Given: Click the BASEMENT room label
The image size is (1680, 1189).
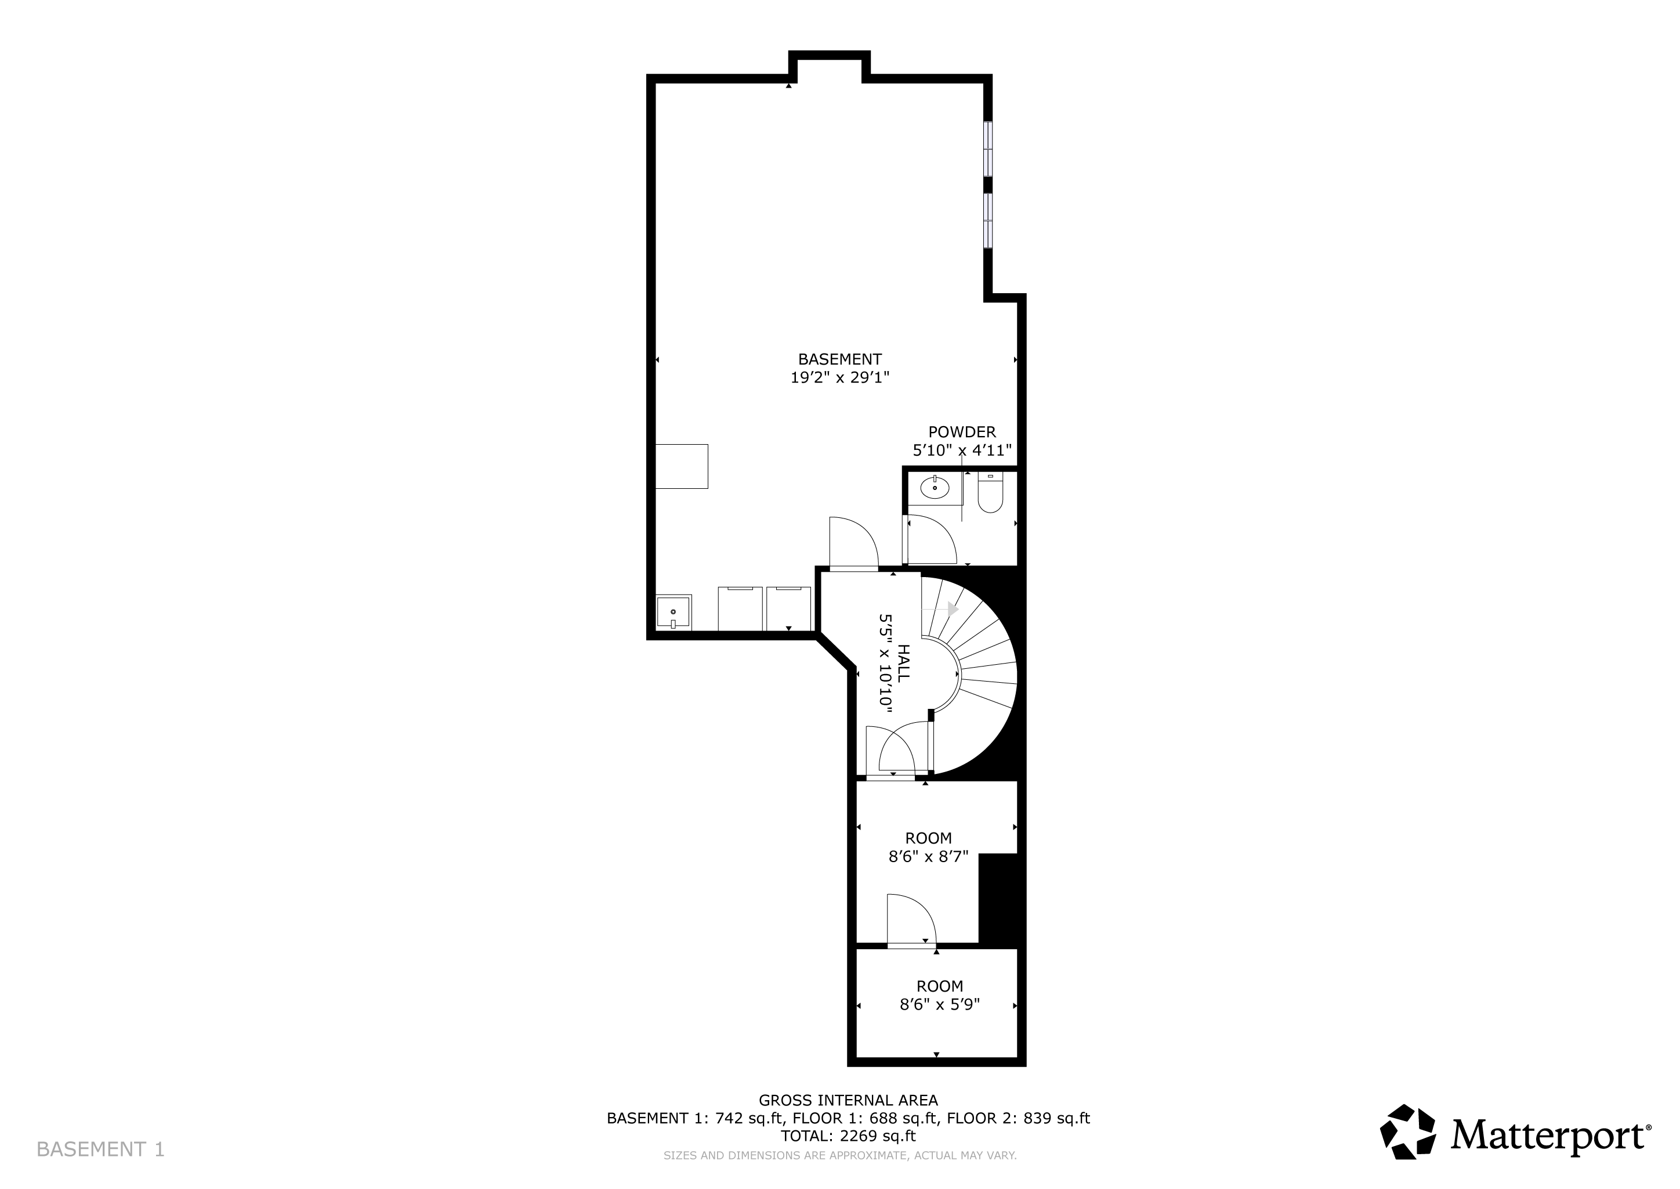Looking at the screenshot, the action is click(x=839, y=359).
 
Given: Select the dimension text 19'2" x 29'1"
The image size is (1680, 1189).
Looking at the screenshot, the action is click(x=839, y=378).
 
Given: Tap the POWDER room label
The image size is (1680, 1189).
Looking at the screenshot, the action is click(x=962, y=432).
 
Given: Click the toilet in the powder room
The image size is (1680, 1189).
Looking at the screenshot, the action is click(x=990, y=493).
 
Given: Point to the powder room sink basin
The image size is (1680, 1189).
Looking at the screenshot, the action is click(x=935, y=486).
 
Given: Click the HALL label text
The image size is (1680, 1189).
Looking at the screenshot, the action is click(x=904, y=664).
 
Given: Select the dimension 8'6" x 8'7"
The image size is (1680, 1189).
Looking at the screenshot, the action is click(x=929, y=856).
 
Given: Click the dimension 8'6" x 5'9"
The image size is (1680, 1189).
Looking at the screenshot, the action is click(x=940, y=1004).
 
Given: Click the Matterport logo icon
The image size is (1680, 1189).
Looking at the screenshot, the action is click(x=1408, y=1132).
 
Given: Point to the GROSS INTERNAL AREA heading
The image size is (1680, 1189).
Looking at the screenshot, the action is click(x=848, y=1100).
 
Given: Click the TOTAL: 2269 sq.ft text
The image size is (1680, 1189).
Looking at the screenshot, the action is click(x=848, y=1136).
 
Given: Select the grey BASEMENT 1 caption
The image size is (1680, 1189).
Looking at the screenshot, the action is click(x=100, y=1150).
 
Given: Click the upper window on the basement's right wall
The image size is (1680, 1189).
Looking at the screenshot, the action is click(x=988, y=149).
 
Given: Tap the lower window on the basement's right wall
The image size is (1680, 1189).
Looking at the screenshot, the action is click(x=988, y=221).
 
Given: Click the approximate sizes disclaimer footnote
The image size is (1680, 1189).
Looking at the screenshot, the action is click(x=840, y=1156).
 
